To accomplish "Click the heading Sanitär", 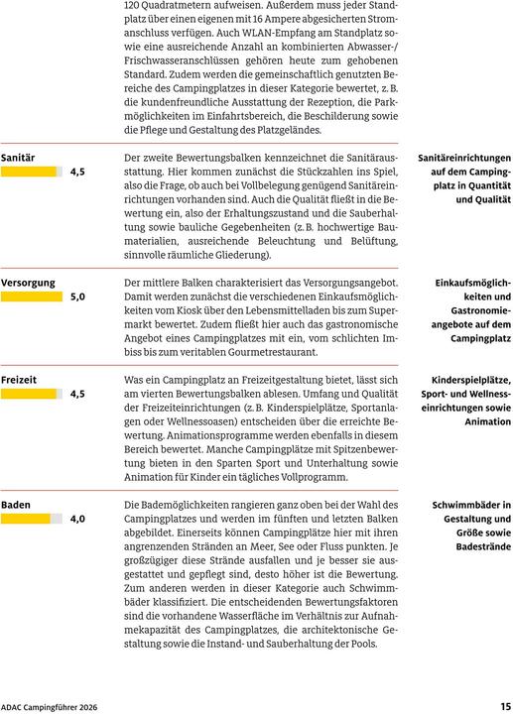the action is click(x=18, y=158).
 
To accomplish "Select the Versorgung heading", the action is click(x=28, y=283).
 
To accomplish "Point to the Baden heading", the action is click(x=16, y=505).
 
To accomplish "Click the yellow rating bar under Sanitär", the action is click(x=29, y=172).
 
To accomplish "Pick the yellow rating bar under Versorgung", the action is click(x=32, y=297).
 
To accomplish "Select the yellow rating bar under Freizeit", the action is click(x=29, y=394).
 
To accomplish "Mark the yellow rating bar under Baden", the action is click(x=26, y=519).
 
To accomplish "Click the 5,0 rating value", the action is click(x=77, y=297).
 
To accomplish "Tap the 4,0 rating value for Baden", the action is click(x=77, y=519).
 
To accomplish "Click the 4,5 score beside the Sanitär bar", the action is click(x=77, y=172).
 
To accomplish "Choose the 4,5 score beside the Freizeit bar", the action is click(x=77, y=394).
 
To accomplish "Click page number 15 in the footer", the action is click(x=505, y=705).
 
